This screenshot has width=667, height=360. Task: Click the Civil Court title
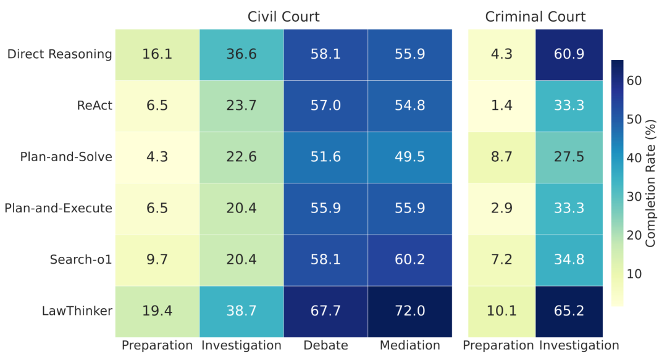283,17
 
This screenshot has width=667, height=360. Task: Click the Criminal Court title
535,17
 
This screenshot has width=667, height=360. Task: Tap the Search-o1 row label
81,259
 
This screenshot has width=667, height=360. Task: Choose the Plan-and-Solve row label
67,156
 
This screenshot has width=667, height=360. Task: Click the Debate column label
325,345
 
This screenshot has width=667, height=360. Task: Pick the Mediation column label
409,345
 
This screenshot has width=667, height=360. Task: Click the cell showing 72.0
409,311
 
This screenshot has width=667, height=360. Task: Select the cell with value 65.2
570,311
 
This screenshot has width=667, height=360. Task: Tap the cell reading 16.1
157,54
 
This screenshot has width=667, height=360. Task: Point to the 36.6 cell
241,54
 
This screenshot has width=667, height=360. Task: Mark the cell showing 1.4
501,105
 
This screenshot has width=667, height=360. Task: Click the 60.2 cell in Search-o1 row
409,259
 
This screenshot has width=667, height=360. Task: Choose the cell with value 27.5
570,156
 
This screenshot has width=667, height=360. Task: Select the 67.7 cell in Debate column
325,311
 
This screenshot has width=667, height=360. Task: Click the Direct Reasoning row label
60,54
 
